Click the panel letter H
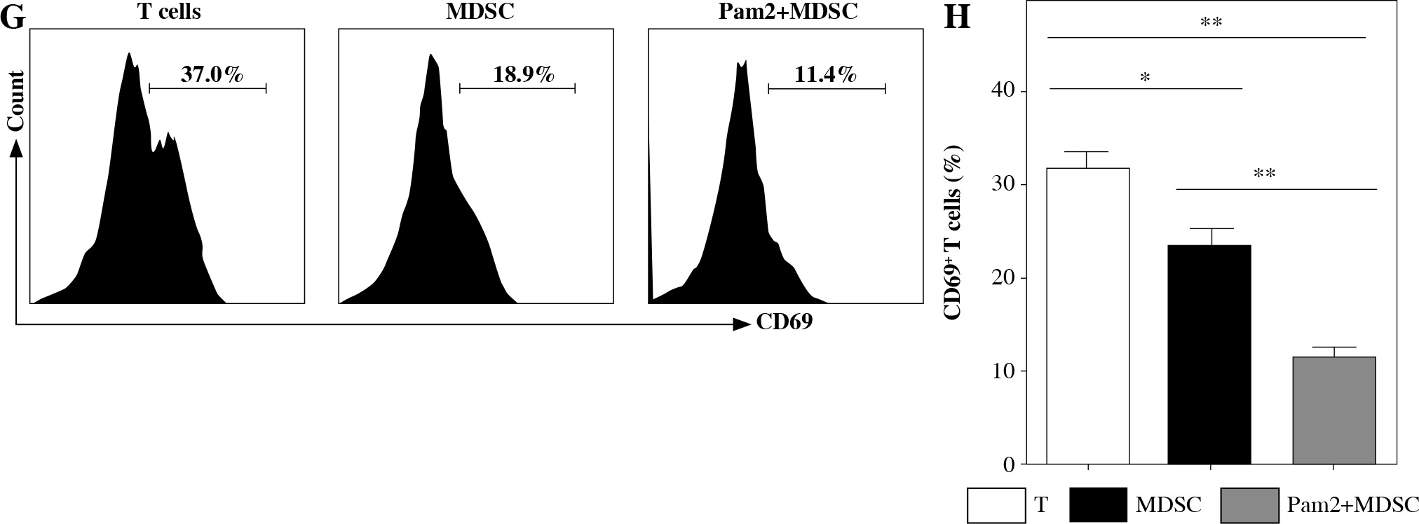coord(956,17)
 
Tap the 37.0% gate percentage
coord(211,74)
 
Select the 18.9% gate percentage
coord(523,74)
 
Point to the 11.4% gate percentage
coord(826,74)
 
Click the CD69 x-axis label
coord(784,323)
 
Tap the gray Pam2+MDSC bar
coord(1333,410)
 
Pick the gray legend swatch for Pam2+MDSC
coord(1248,505)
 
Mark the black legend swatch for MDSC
coord(1099,505)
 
